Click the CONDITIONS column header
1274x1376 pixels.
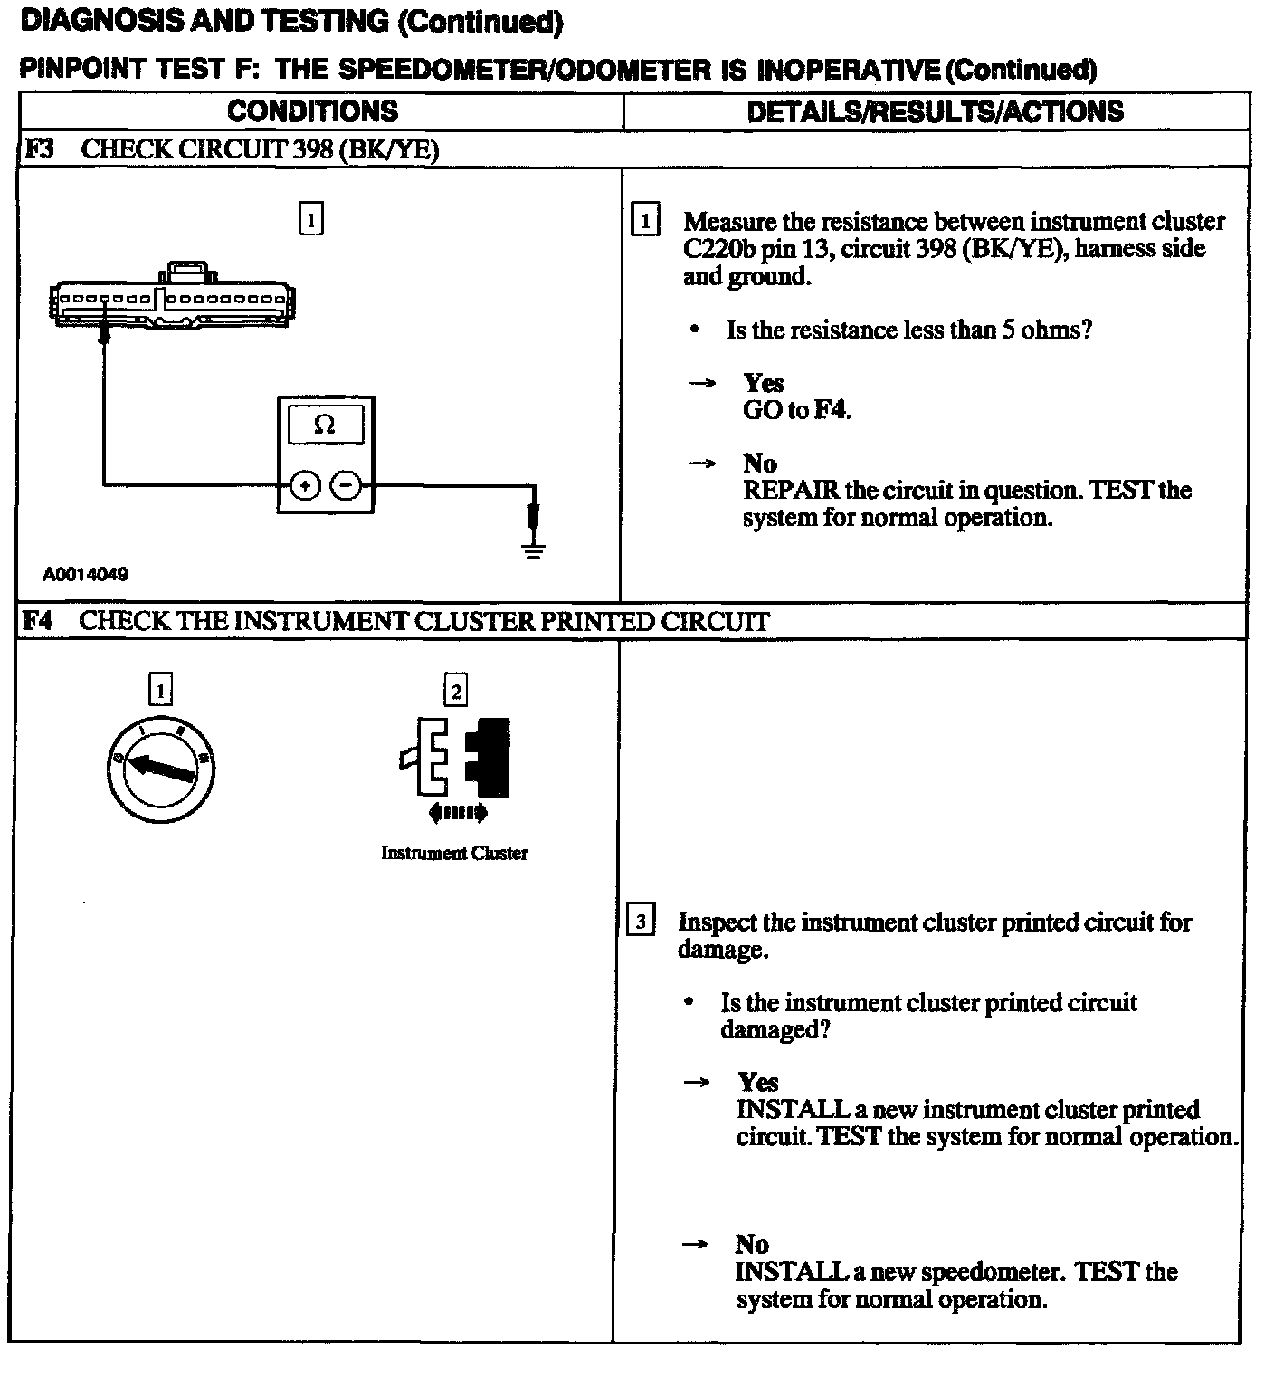pyautogui.click(x=312, y=111)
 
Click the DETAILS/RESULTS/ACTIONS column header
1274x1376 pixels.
pyautogui.click(x=935, y=111)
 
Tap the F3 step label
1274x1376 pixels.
pyautogui.click(x=39, y=149)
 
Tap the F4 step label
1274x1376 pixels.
pyautogui.click(x=38, y=621)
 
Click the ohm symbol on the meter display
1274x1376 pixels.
pyautogui.click(x=324, y=425)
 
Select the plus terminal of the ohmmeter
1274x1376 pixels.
pyautogui.click(x=305, y=486)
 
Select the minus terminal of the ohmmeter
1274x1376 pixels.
pyautogui.click(x=346, y=486)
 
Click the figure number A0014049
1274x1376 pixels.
pyautogui.click(x=85, y=574)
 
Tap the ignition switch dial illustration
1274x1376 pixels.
pyautogui.click(x=161, y=769)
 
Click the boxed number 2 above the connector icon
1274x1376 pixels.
pyautogui.click(x=455, y=692)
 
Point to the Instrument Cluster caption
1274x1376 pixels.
pyautogui.click(x=454, y=853)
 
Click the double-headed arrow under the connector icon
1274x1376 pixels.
pyautogui.click(x=458, y=813)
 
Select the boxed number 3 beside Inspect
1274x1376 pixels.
pyautogui.click(x=641, y=922)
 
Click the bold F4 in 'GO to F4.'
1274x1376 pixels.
pyautogui.click(x=831, y=410)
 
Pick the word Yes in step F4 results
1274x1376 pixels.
pyautogui.click(x=757, y=1082)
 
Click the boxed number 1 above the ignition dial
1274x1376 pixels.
pyautogui.click(x=160, y=692)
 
